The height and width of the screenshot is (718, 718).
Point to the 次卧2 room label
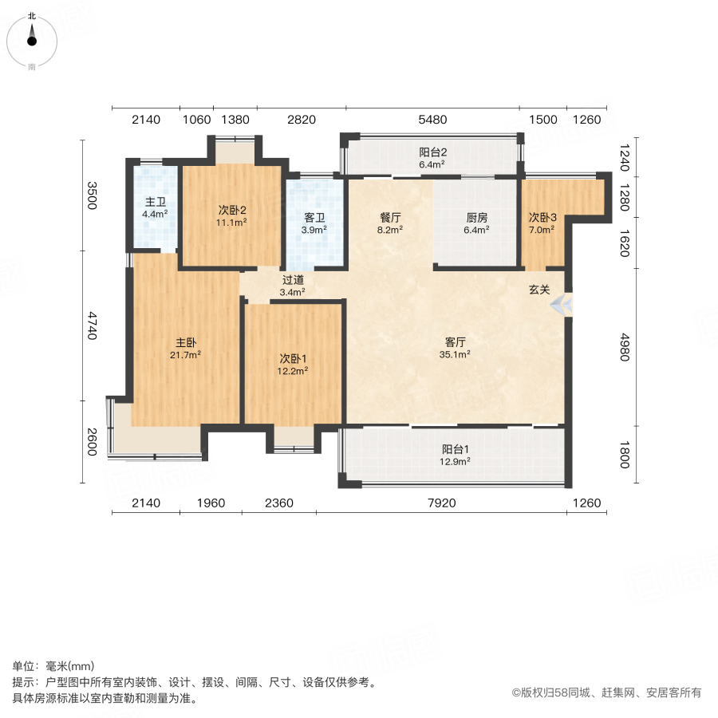click(232, 211)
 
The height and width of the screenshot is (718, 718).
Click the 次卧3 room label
click(542, 217)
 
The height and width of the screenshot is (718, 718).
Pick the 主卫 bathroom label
click(155, 202)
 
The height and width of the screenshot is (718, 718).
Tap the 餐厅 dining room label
click(390, 216)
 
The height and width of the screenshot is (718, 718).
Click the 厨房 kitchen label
click(477, 216)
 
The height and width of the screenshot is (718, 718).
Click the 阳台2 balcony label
click(432, 152)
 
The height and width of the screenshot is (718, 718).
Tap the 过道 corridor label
click(293, 280)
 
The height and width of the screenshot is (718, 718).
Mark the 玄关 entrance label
click(539, 290)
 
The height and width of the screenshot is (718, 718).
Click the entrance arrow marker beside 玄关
click(564, 304)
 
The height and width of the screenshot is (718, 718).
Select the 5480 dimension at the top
click(431, 120)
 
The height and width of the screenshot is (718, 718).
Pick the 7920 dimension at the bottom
click(440, 503)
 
